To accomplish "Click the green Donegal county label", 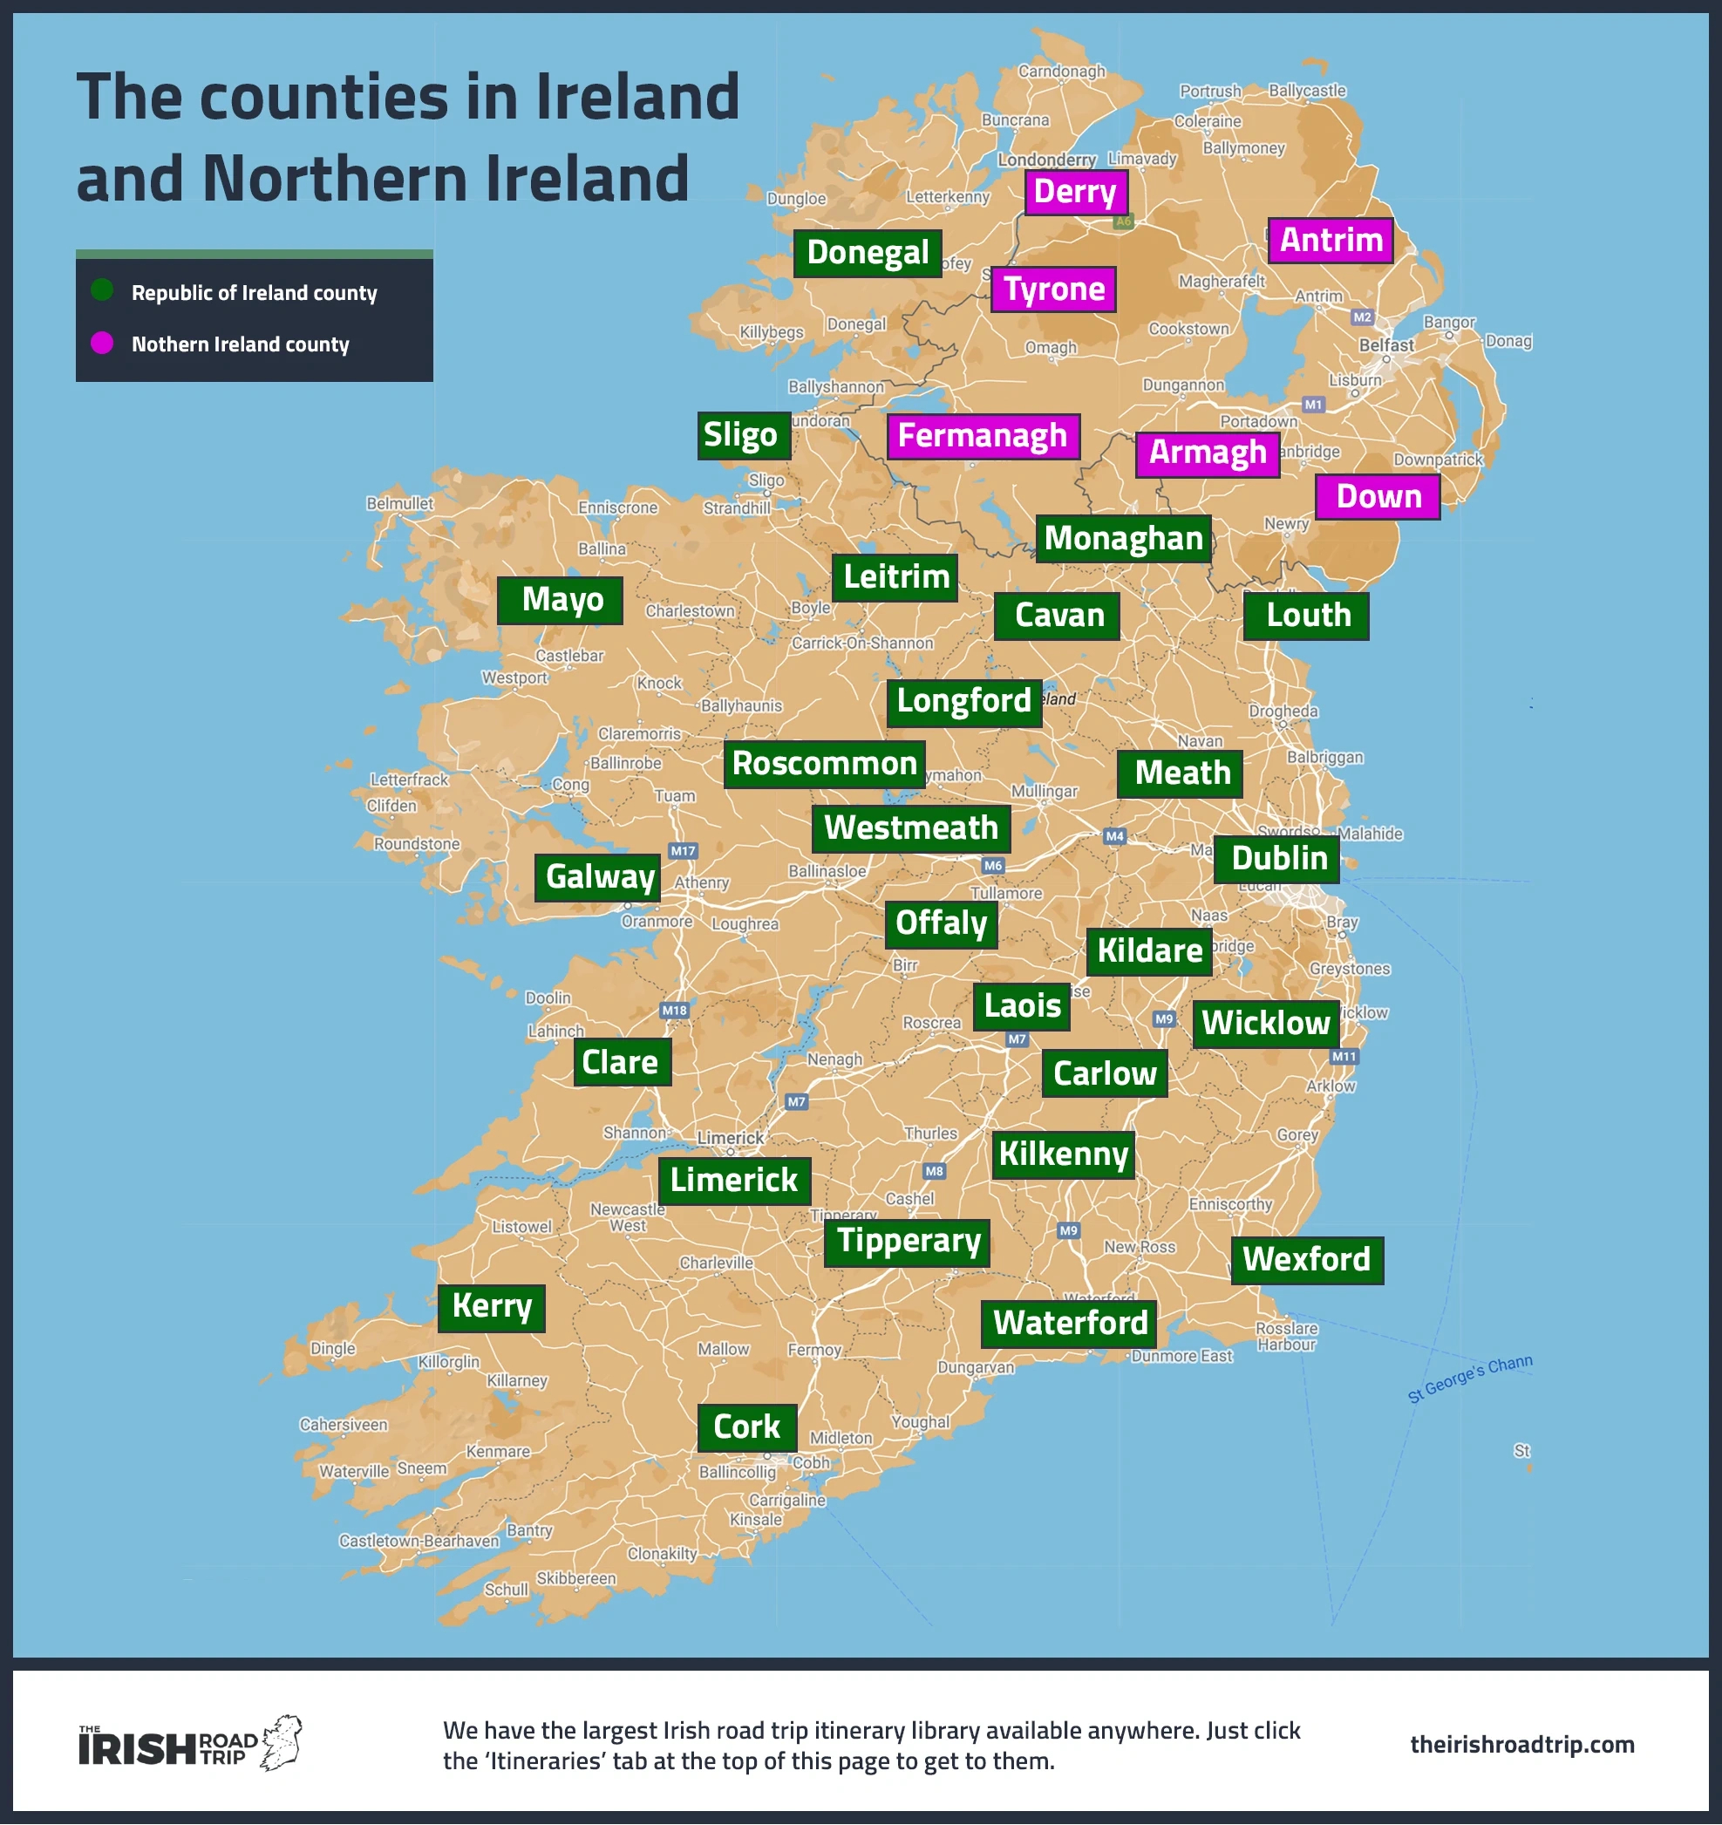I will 868,254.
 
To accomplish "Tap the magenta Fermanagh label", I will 982,436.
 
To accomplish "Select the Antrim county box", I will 1330,241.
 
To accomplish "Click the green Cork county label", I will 746,1427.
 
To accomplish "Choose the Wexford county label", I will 1305,1259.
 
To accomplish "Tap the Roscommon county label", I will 823,764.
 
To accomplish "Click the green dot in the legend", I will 102,291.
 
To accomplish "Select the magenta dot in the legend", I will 102,344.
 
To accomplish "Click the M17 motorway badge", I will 683,851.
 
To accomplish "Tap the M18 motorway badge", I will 675,1011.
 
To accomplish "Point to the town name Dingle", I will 332,1349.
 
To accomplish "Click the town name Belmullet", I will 399,503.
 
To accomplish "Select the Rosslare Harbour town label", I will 1286,1337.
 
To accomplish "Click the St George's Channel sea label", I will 1468,1379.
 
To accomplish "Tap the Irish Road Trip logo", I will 189,1744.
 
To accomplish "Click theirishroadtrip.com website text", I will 1521,1744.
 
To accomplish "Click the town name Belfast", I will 1386,345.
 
